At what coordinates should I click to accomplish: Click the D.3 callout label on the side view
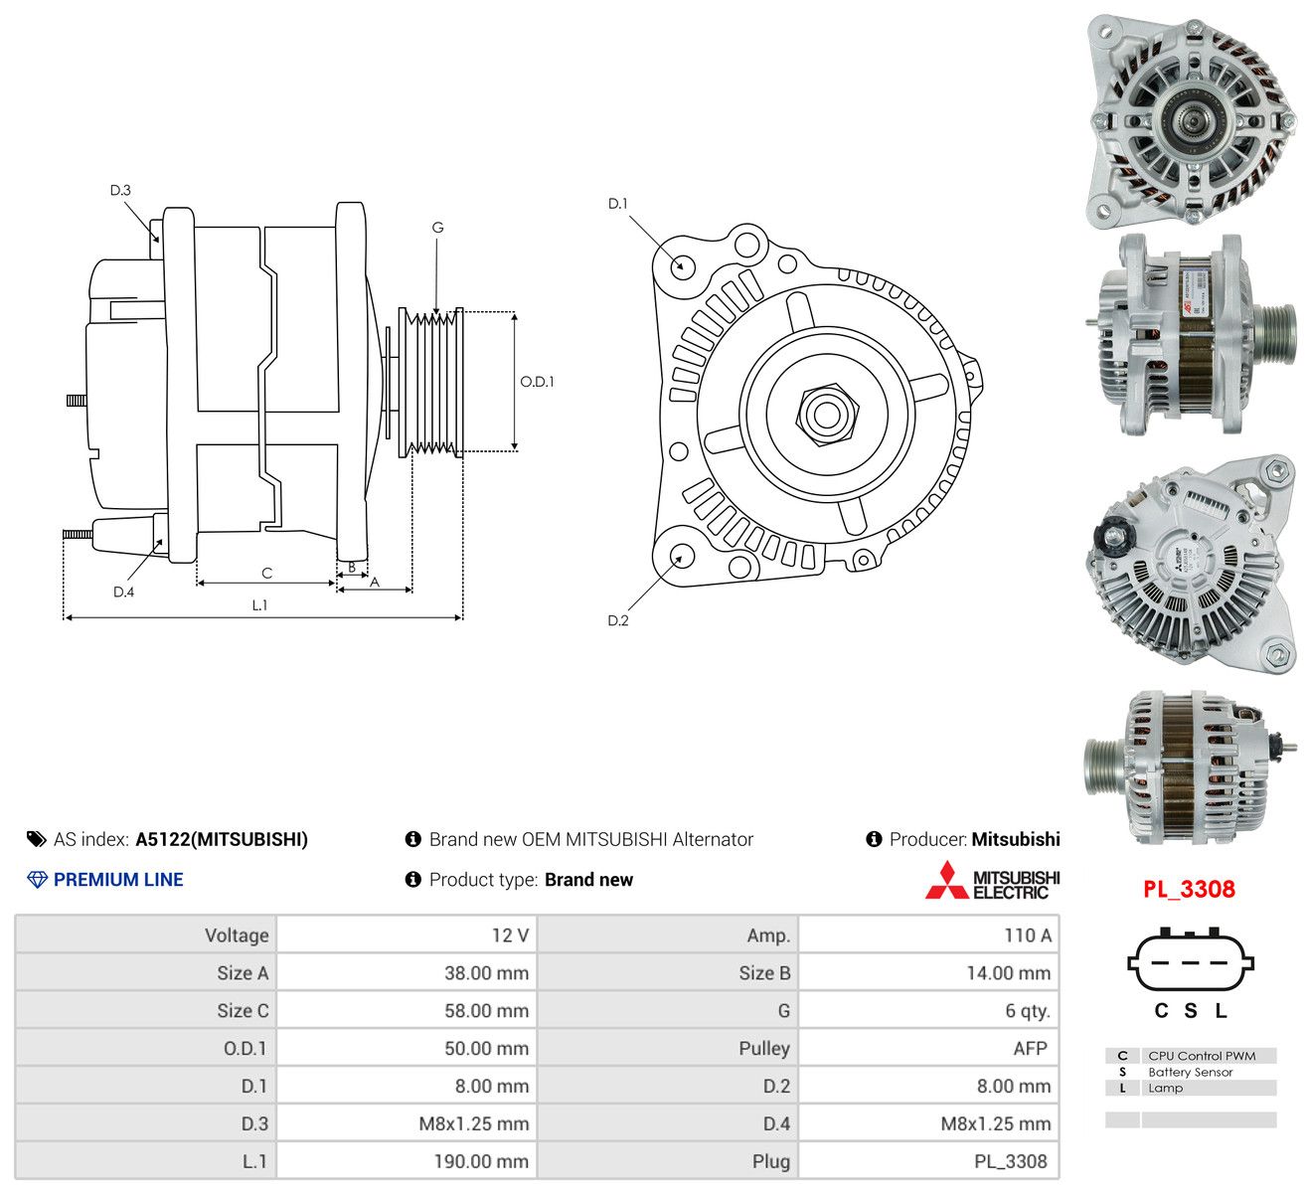click(120, 190)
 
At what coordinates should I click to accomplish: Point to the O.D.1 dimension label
click(537, 382)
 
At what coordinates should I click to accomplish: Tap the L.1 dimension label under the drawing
click(259, 604)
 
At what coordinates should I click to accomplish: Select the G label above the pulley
click(437, 227)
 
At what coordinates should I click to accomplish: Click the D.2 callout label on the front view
click(617, 620)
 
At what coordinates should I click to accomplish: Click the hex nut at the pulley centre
click(827, 415)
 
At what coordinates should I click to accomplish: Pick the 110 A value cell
click(1027, 936)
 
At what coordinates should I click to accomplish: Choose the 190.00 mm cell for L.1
click(481, 1161)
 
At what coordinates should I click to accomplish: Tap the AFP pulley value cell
click(1030, 1048)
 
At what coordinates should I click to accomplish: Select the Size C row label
click(243, 1010)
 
